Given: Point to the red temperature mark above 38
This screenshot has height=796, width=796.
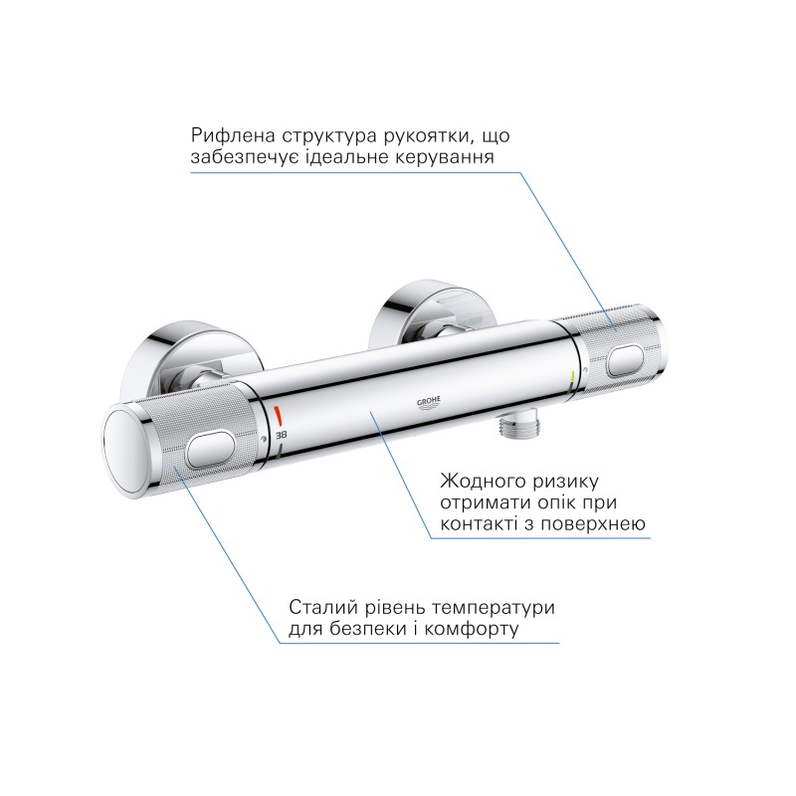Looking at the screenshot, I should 280,414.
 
